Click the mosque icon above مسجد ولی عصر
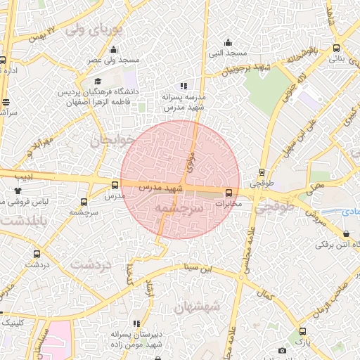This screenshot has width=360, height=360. pyautogui.click(x=114, y=49)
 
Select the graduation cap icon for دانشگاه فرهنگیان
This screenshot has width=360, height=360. pyautogui.click(x=97, y=81)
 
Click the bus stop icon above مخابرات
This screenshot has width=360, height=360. pyautogui.click(x=229, y=193)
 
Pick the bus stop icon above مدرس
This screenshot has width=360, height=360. pyautogui.click(x=115, y=185)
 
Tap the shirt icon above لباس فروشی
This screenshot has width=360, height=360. pyautogui.click(x=18, y=190)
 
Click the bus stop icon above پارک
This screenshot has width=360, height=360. pyautogui.click(x=302, y=331)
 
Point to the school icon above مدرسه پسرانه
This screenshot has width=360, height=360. pyautogui.click(x=184, y=86)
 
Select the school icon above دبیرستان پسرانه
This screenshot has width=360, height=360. pyautogui.click(x=136, y=323)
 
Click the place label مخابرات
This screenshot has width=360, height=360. pyautogui.click(x=228, y=204)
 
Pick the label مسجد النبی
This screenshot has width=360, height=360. pyautogui.click(x=226, y=53)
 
